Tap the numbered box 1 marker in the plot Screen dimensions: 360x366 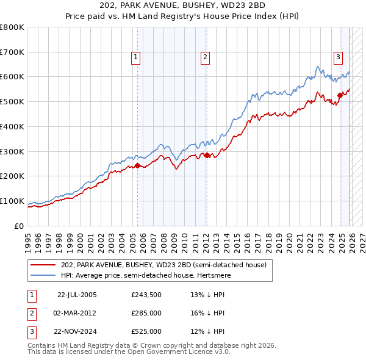[x=135, y=57]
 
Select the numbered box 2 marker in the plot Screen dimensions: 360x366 [x=205, y=57]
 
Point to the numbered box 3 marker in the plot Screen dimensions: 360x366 [x=337, y=57]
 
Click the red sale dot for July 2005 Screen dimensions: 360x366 [x=137, y=165]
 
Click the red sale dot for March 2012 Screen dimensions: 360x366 [x=207, y=155]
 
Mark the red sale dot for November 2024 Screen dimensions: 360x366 [x=340, y=95]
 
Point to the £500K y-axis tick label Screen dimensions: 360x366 [x=12, y=101]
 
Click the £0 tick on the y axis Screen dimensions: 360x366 [x=20, y=226]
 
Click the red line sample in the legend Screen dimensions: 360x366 [x=44, y=265]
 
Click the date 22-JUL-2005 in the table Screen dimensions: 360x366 [x=77, y=295]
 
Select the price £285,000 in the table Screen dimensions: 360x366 [x=146, y=313]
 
